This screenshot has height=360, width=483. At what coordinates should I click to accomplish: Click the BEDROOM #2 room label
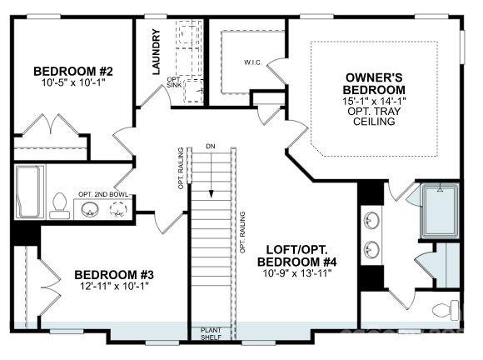[62, 71]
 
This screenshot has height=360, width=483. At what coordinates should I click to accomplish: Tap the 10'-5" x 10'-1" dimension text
[62, 83]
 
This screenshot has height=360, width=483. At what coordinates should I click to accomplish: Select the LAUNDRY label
[156, 52]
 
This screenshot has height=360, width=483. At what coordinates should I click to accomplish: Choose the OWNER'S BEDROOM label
[376, 83]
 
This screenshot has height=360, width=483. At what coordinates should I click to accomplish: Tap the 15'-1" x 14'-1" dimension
[376, 100]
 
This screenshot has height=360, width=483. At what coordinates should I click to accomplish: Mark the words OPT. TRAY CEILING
[376, 116]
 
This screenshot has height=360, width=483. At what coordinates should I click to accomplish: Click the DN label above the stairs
[211, 147]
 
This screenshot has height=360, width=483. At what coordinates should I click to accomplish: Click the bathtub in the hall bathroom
[30, 191]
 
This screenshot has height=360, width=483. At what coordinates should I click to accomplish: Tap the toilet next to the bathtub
[59, 203]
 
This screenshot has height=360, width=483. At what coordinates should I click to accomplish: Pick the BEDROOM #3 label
[114, 275]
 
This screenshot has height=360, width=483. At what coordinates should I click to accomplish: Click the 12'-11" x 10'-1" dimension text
[114, 287]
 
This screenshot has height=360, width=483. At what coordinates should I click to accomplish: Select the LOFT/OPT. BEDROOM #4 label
[301, 256]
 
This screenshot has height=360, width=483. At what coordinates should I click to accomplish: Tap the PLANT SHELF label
[211, 334]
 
